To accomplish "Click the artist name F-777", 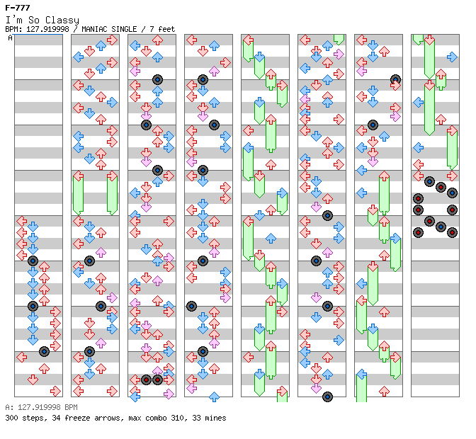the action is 18,8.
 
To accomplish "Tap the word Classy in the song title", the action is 62,21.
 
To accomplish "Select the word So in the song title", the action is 34,20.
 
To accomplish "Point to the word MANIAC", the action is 94,29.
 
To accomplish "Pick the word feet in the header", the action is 166,29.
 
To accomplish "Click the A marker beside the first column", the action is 11,38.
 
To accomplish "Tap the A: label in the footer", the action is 9,407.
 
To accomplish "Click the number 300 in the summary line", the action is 11,418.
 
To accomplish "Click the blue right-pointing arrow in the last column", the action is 452,57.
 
